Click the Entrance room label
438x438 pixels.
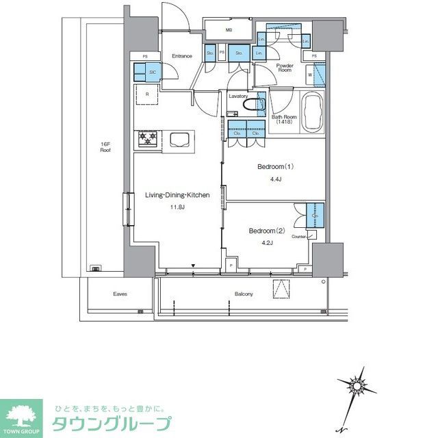point(181,56)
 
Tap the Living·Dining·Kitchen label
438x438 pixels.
point(177,195)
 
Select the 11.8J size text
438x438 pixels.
point(178,207)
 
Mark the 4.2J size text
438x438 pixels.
point(266,242)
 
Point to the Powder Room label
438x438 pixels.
point(285,68)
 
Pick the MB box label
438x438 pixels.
point(229,30)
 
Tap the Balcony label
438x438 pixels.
point(243,294)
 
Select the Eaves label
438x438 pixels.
point(120,294)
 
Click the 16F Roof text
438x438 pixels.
point(105,146)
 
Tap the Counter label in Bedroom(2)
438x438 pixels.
point(298,236)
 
